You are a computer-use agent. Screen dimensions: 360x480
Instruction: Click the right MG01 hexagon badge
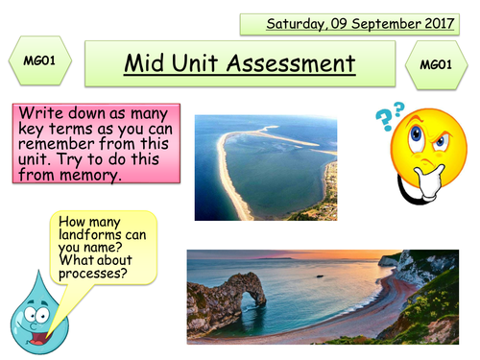pyautogui.click(x=437, y=64)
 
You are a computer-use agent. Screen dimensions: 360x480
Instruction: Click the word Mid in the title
pyautogui.click(x=144, y=64)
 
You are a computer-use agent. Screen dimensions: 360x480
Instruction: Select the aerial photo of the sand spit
pyautogui.click(x=265, y=168)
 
